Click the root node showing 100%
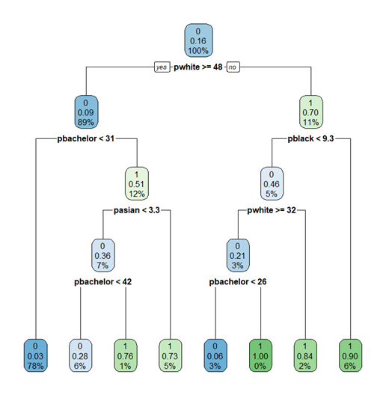click(x=198, y=40)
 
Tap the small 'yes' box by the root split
click(x=162, y=67)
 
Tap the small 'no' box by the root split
click(x=233, y=67)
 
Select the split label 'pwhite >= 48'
click(x=198, y=67)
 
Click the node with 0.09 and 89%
click(x=86, y=112)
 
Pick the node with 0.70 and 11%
click(x=311, y=112)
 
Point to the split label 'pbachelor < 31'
click(x=86, y=138)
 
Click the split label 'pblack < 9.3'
click(x=310, y=138)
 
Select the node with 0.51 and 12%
click(x=137, y=183)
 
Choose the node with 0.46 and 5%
click(x=272, y=183)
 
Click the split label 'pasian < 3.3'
click(x=137, y=210)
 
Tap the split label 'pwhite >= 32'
click(x=272, y=210)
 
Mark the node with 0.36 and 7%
click(x=102, y=255)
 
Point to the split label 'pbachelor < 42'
click(x=102, y=281)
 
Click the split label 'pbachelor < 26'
click(x=238, y=281)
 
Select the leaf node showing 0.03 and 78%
click(x=35, y=355)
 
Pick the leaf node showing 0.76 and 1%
click(x=126, y=355)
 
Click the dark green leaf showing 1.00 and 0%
click(x=260, y=355)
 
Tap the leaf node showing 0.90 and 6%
click(x=350, y=355)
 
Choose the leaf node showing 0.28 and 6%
click(x=81, y=355)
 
